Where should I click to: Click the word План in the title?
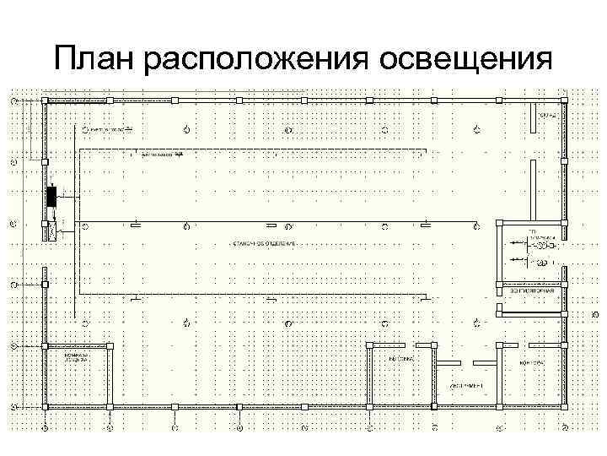coord(94,61)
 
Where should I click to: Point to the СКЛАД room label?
coord(547,114)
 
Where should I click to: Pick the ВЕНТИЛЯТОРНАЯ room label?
coord(532,291)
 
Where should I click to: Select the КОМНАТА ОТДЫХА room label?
coord(78,359)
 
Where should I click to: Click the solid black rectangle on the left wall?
coord(52,197)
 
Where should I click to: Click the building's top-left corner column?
coord(44,101)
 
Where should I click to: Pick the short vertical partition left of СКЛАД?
coord(532,120)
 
